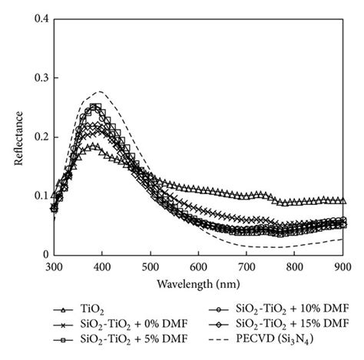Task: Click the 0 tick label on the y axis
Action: coord(45,255)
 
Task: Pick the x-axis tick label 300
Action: coord(54,265)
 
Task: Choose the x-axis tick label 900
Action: coord(343,265)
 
